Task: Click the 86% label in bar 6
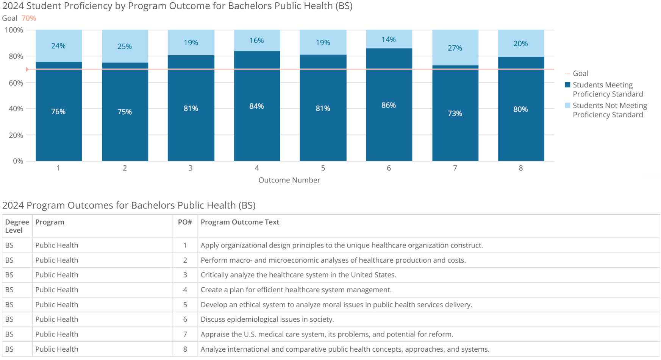coord(389,105)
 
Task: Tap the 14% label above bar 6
coord(389,40)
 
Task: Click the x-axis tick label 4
coord(257,168)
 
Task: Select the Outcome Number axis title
coord(289,180)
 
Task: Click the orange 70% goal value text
coord(29,18)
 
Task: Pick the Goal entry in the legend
coord(580,73)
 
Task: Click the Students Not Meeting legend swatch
coord(567,105)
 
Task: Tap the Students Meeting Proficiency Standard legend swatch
coord(567,85)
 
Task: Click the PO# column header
coord(185,222)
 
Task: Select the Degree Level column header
coord(17,226)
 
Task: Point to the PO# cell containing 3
coord(185,275)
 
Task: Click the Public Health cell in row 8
coord(57,349)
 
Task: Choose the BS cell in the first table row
coord(9,245)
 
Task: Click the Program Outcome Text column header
coord(240,222)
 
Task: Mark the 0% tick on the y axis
coord(18,161)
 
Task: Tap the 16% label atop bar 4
coord(256,41)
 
